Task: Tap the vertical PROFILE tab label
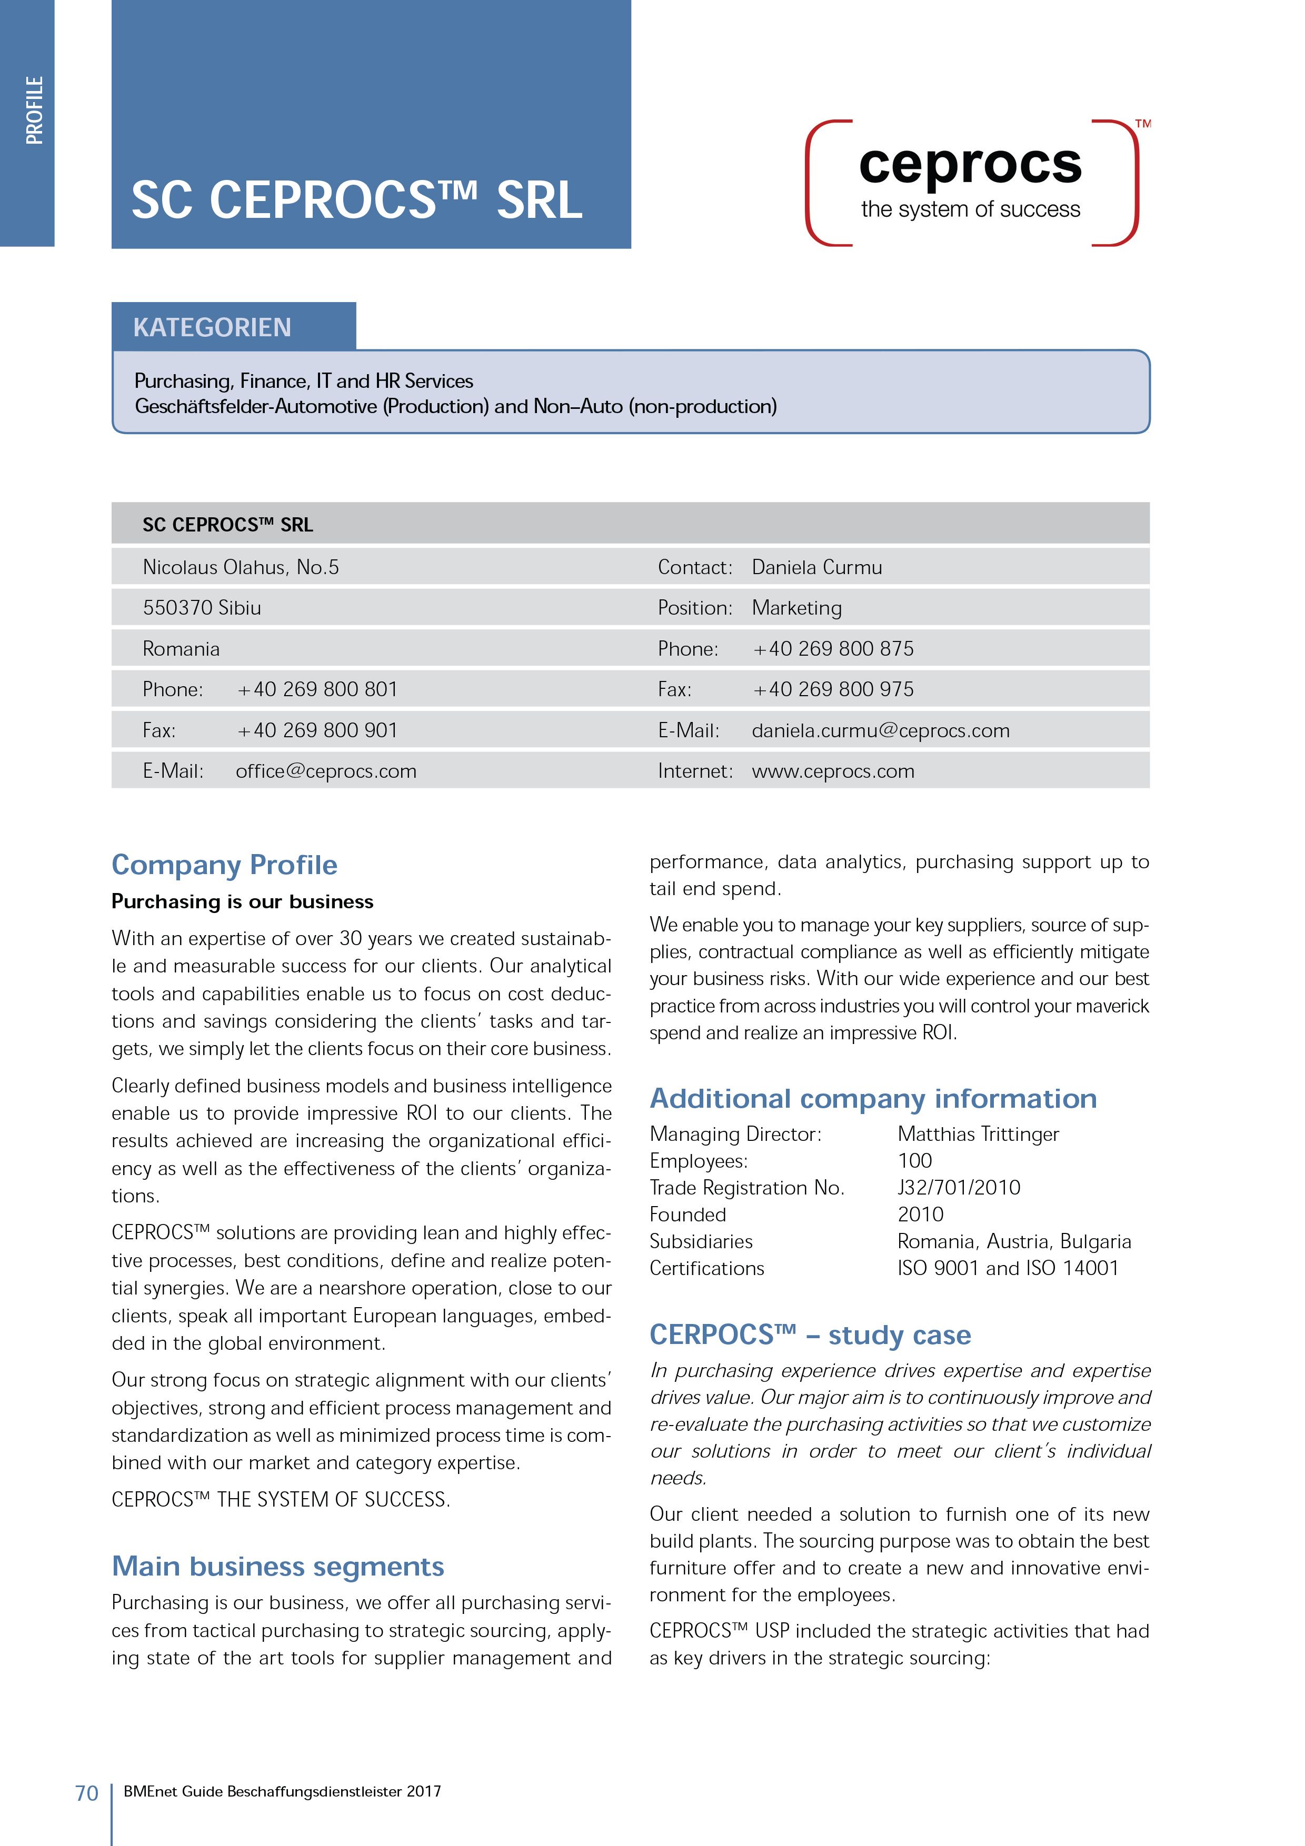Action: [x=34, y=110]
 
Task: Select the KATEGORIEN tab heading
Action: [x=212, y=327]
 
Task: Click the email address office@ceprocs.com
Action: [x=326, y=771]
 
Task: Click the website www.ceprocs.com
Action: [x=833, y=771]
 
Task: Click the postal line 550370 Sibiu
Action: [x=202, y=608]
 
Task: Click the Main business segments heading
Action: [x=277, y=1566]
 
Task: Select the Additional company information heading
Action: [x=873, y=1098]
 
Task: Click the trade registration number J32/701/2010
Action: [x=959, y=1188]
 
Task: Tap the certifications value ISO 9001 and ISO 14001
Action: [x=1008, y=1268]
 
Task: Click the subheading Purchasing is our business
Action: [x=242, y=902]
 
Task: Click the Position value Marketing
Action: [x=797, y=608]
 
